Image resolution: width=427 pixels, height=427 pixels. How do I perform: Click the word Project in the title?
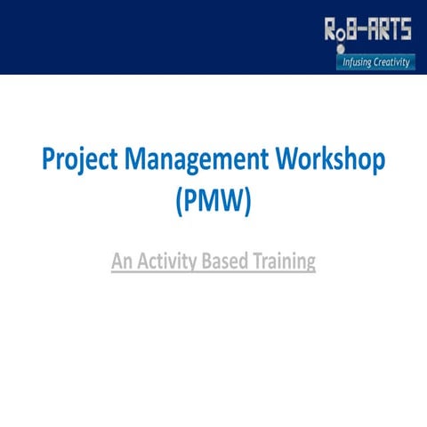coord(79,161)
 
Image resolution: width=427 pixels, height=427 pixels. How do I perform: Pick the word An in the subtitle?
coord(122,262)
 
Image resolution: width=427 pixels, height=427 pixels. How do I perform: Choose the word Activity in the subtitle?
coord(169,262)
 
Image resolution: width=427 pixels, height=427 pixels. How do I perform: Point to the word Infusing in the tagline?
coord(358,62)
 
